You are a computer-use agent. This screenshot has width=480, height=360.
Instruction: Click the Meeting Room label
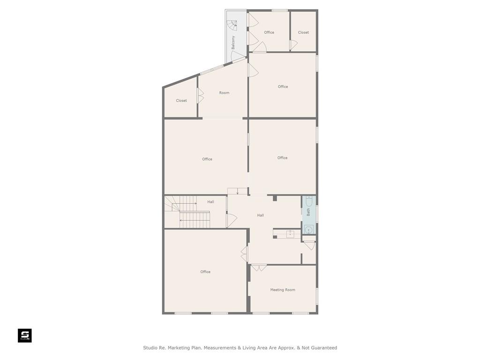click(283, 290)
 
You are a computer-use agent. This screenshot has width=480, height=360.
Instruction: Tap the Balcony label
click(233, 43)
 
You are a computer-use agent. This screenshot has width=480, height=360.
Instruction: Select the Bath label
click(308, 212)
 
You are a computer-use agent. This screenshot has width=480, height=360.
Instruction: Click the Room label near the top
click(224, 93)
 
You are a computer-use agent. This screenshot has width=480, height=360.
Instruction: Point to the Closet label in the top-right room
click(303, 32)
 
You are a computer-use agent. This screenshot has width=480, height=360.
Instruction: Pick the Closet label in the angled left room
click(181, 100)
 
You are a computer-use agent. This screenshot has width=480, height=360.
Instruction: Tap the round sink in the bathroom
click(308, 230)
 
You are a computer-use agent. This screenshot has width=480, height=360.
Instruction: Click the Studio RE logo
click(25, 336)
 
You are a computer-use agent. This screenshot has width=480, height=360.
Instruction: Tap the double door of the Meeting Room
click(259, 268)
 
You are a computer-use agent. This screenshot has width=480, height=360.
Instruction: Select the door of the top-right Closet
click(293, 45)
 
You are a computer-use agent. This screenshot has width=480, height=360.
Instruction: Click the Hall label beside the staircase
click(210, 202)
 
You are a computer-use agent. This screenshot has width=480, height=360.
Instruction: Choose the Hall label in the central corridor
click(261, 215)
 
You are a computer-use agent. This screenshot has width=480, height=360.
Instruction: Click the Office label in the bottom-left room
click(205, 272)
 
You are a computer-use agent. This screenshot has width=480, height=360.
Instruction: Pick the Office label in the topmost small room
click(269, 32)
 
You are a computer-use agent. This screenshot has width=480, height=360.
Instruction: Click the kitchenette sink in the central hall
click(290, 234)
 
